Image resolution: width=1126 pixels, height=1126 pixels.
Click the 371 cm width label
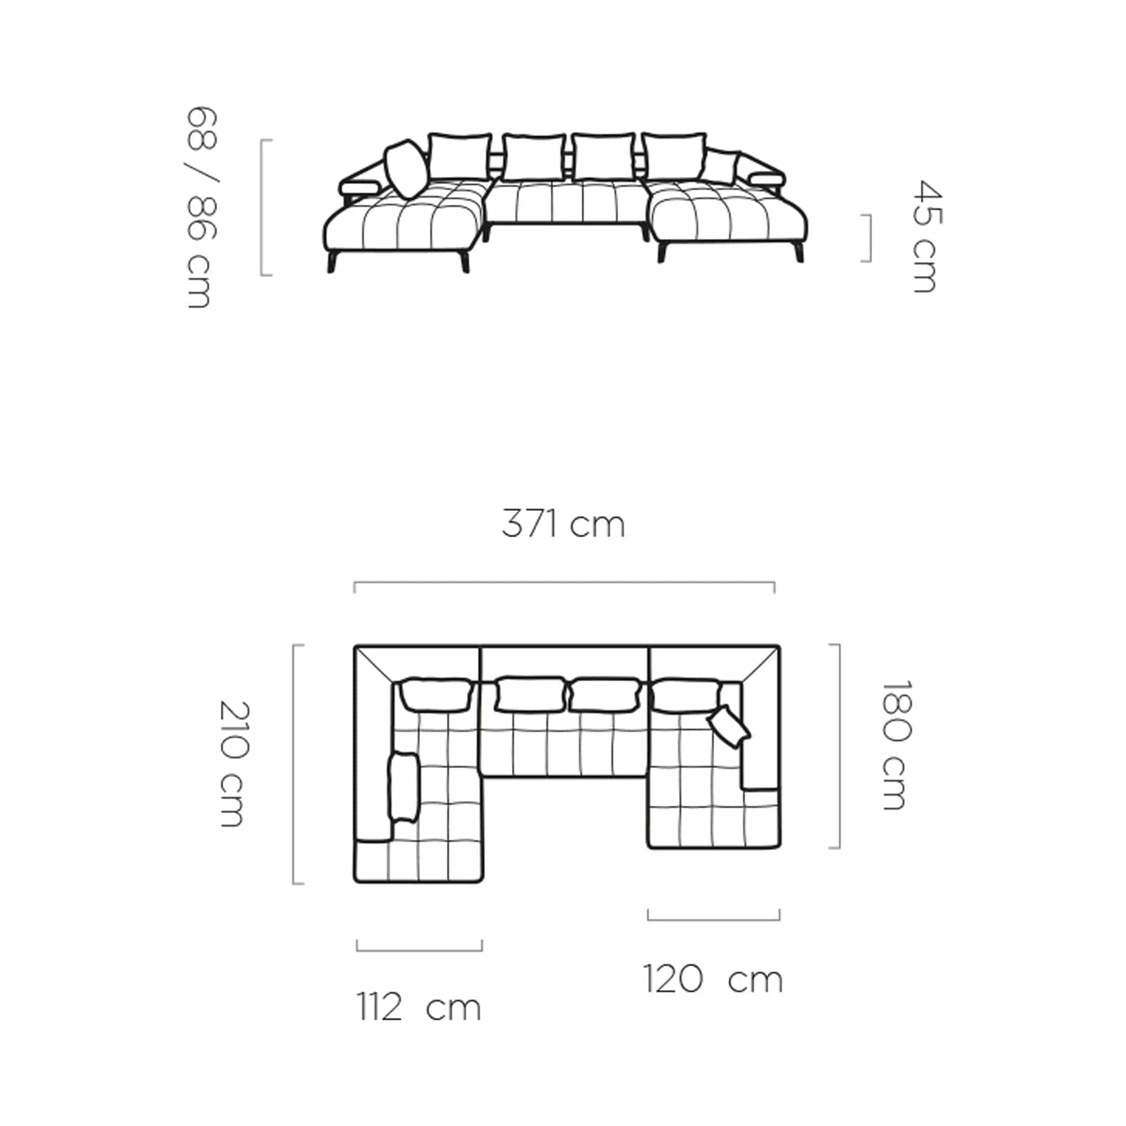tap(563, 524)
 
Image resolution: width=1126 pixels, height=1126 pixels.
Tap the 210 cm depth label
tap(235, 763)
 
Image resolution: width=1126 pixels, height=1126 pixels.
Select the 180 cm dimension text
tap(896, 745)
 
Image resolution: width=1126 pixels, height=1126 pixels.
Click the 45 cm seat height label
tap(927, 236)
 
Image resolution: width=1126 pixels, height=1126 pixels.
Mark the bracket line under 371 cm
tap(564, 583)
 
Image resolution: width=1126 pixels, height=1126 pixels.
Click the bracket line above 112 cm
tap(419, 950)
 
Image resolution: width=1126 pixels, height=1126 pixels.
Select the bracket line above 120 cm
tap(714, 920)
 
